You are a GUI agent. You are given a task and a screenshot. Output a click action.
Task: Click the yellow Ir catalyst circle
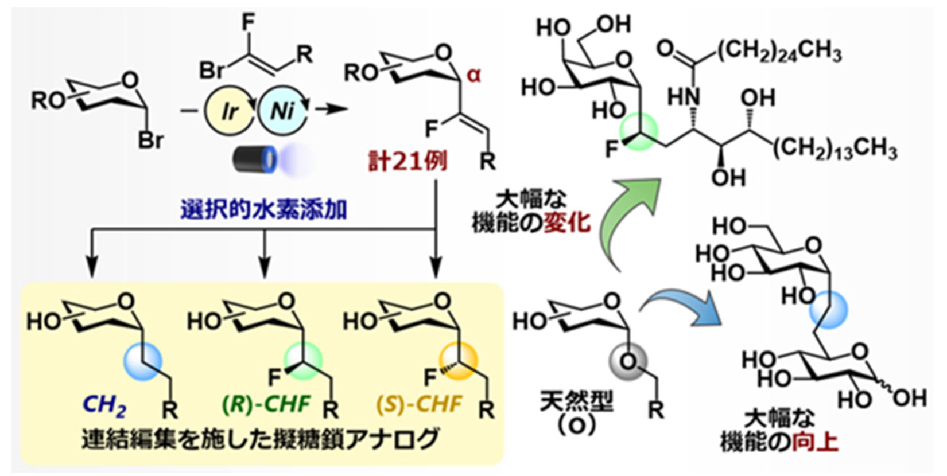tap(229, 111)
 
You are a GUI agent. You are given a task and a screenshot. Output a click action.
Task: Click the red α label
tap(473, 75)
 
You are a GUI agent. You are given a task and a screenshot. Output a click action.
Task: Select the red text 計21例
tap(407, 162)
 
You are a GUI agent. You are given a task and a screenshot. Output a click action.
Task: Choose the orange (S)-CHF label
tap(419, 405)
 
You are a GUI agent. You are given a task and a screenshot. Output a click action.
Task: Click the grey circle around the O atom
tap(628, 362)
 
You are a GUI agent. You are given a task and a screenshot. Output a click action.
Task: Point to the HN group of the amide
tap(684, 97)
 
